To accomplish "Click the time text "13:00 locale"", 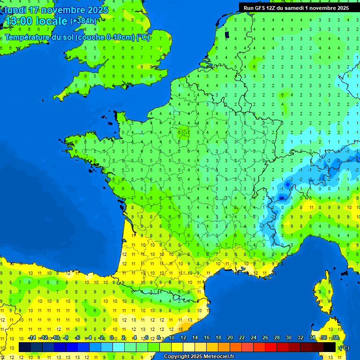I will pos(37,21).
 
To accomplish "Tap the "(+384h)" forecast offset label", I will pos(83,21).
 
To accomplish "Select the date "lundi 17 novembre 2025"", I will pos(56,10).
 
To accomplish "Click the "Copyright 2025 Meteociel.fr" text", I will pos(199,357).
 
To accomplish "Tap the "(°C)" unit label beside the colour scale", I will pos(344,348).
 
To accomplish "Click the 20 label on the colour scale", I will pos(230,338).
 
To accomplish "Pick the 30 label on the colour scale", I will pos(288,338).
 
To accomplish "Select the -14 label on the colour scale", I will pos(32,338).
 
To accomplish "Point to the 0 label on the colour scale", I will pos(112,338).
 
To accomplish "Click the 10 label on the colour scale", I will pos(171,338).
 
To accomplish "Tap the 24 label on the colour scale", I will pos(253,338).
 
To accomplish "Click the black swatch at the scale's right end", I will pos(330,347).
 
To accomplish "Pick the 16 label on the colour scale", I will pos(206,338).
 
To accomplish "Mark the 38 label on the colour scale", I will pos(335,338).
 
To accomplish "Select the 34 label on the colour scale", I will pos(312,338).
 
